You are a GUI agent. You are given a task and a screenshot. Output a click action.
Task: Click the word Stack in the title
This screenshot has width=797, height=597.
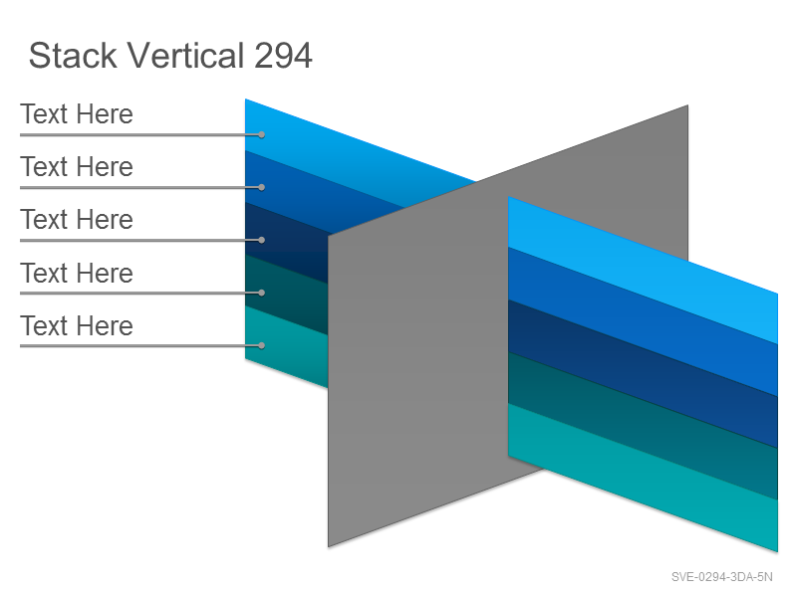click(x=73, y=55)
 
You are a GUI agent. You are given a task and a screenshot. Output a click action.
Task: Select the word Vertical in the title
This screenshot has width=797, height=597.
click(x=185, y=55)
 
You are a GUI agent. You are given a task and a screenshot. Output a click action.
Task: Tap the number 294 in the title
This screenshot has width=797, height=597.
click(x=283, y=56)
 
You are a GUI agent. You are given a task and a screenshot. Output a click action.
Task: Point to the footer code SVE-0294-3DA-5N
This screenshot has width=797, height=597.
click(x=721, y=577)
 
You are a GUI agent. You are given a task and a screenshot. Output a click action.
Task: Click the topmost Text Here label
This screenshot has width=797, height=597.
click(x=77, y=113)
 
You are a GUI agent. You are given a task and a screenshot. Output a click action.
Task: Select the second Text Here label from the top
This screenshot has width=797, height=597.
click(x=77, y=166)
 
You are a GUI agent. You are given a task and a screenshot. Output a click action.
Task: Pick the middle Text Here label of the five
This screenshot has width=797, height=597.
click(x=77, y=219)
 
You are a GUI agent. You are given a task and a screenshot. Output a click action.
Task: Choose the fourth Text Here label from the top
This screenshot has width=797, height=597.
click(x=77, y=273)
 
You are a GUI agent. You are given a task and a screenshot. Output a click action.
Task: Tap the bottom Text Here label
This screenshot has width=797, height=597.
click(x=77, y=325)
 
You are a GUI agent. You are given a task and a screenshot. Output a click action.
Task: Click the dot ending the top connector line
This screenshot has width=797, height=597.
click(x=261, y=134)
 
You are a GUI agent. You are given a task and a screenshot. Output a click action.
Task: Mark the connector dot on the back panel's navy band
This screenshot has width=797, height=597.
click(x=261, y=240)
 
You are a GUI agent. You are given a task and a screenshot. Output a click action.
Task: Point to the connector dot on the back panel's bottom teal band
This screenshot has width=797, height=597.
click(x=261, y=345)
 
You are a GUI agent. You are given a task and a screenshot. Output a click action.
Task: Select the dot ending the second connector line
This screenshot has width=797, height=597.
click(x=261, y=187)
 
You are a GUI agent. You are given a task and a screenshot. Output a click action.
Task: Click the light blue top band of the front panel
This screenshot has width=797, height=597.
click(x=643, y=270)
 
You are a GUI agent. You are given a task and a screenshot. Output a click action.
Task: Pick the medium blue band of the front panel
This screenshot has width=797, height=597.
click(x=643, y=321)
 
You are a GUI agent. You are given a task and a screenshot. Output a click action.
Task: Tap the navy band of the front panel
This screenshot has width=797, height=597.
click(x=643, y=374)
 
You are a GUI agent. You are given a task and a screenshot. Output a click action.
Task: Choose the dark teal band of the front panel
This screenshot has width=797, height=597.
click(x=643, y=426)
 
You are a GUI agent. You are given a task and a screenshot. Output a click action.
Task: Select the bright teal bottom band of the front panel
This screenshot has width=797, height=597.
click(x=643, y=478)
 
